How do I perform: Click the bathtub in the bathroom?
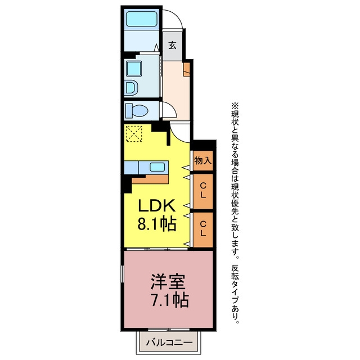click(x=142, y=19)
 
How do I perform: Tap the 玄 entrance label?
click(x=172, y=45)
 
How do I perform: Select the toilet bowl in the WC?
click(x=137, y=111)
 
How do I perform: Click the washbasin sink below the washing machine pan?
click(x=132, y=88)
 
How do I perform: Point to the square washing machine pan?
click(x=134, y=69)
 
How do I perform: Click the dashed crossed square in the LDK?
click(x=134, y=133)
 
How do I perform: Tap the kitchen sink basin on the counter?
click(x=157, y=167)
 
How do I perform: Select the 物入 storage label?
click(x=202, y=160)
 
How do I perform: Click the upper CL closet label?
click(x=202, y=190)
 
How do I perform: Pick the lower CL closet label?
click(x=202, y=229)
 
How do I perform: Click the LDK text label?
click(x=156, y=205)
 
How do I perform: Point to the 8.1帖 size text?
click(x=157, y=223)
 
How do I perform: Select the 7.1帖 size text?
click(x=170, y=300)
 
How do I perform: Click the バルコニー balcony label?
click(x=169, y=343)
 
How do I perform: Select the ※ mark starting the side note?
click(x=235, y=106)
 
